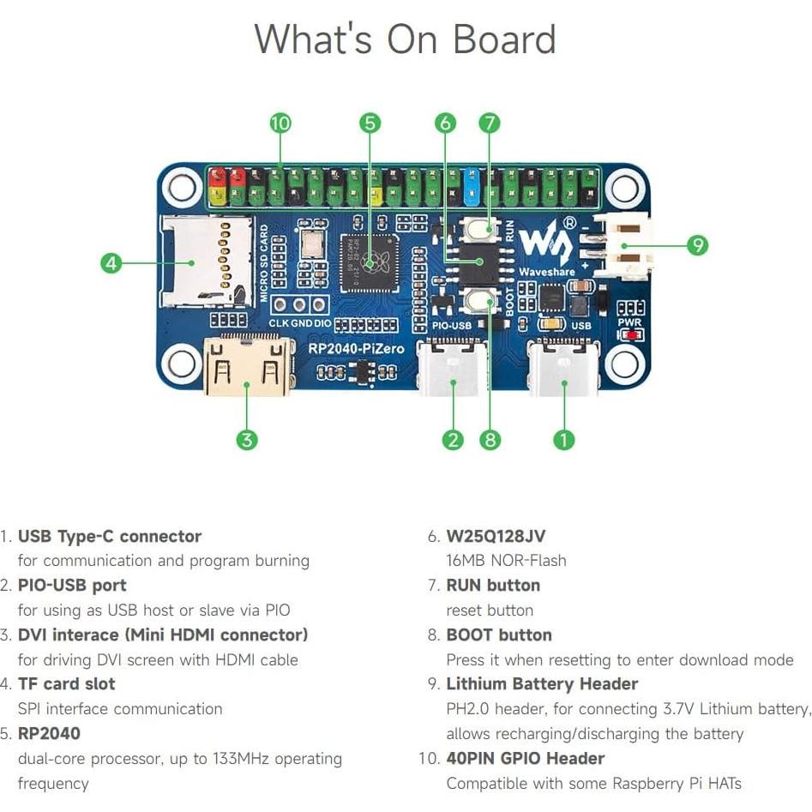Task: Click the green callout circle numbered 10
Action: pos(280,123)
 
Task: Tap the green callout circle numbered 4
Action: pos(111,262)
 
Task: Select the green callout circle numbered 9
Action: pos(698,245)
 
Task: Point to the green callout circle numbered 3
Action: pos(246,440)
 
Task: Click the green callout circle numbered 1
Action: pos(563,440)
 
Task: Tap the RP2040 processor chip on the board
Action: pos(370,262)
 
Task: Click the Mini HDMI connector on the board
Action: pos(246,367)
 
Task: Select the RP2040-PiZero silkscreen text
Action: pos(349,350)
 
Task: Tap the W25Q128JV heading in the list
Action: pos(496,537)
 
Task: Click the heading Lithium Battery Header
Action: pos(542,684)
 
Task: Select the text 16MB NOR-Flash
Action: pos(506,561)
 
